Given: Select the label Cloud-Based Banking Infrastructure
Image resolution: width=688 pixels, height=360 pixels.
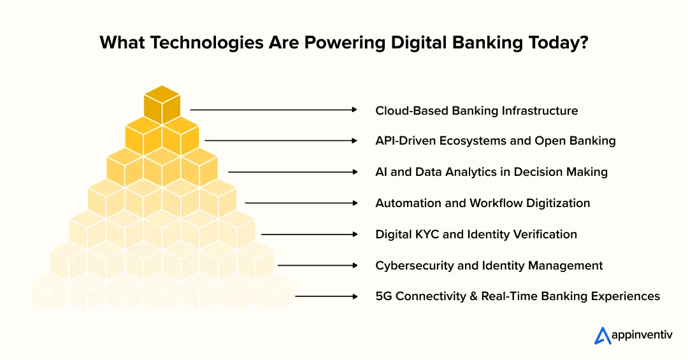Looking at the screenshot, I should pos(477,111).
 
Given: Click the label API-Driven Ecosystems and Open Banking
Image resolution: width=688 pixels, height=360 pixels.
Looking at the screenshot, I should pos(495,141).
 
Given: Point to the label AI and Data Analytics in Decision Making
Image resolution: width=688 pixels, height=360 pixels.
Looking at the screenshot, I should pos(491,172).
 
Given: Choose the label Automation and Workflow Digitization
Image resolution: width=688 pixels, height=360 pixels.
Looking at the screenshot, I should pos(482,203).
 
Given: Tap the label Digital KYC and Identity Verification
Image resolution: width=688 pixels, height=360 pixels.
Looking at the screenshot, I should pos(476,234).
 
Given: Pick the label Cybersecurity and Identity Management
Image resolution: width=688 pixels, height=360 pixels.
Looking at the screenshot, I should pos(489,265).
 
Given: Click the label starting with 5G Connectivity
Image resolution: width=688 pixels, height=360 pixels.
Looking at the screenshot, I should pos(517,296).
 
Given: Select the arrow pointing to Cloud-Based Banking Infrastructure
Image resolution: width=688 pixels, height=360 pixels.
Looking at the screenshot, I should pos(273,110).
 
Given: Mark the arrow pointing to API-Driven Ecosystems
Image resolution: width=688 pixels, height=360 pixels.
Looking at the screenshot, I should pos(280,141).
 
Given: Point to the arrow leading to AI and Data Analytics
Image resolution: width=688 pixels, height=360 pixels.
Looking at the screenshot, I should pos(292,172).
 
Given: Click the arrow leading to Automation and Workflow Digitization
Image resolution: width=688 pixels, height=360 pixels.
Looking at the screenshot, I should pos(301,203).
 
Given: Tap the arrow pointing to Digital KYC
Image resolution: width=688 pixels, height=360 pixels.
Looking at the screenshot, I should pos(309,234).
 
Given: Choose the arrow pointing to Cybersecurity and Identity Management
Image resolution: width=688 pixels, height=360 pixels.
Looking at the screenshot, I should pos(317,265).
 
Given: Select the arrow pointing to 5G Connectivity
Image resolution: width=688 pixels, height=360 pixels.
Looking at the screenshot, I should pos(326,296).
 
